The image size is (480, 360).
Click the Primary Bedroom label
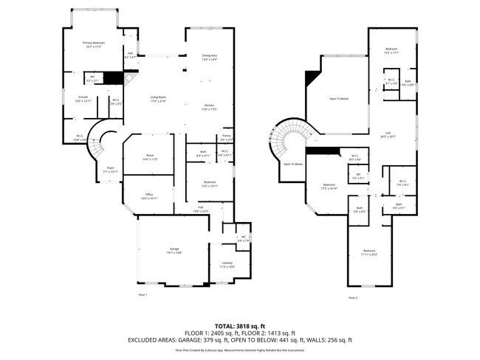coord(94,45)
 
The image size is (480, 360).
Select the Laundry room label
coord(227,264)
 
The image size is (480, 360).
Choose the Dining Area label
coord(210,57)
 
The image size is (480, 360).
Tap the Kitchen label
coord(210,108)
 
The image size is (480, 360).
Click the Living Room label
coord(158,99)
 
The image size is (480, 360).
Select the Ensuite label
coord(83,99)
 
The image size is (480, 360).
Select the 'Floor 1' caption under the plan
coord(143,295)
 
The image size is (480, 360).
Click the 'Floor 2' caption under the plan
coord(353,297)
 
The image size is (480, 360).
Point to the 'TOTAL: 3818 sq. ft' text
coord(240,325)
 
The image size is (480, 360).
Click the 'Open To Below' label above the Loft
coord(340,98)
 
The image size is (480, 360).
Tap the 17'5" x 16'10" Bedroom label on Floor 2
coord(329,187)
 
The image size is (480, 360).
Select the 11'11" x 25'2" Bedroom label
coord(368,254)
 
